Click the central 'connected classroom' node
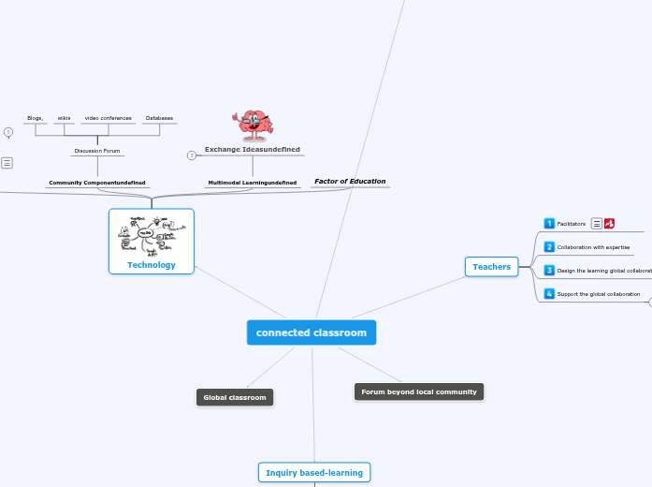312,332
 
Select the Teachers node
491,267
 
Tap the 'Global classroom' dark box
235,397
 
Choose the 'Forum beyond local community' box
419,391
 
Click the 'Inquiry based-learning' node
314,473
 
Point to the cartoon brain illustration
252,126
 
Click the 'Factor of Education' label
350,181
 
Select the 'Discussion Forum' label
97,150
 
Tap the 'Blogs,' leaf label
36,118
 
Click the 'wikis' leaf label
64,118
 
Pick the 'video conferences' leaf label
108,118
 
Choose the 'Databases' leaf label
159,118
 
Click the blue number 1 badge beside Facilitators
549,223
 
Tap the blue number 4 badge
549,293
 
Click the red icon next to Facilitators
610,224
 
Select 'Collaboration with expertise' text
593,247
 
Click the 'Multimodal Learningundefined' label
253,183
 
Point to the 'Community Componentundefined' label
97,183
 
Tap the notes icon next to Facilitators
596,224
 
